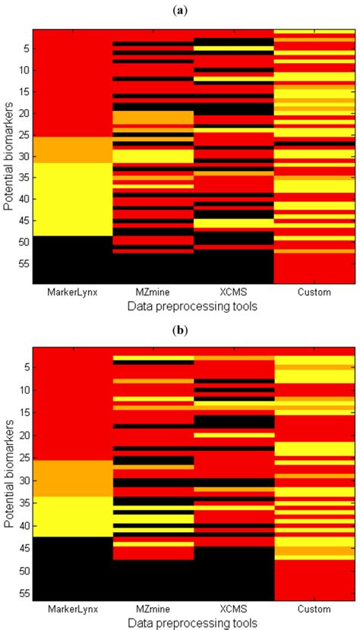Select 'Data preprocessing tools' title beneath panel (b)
(x=192, y=622)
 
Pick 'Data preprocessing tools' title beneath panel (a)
(x=192, y=304)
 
